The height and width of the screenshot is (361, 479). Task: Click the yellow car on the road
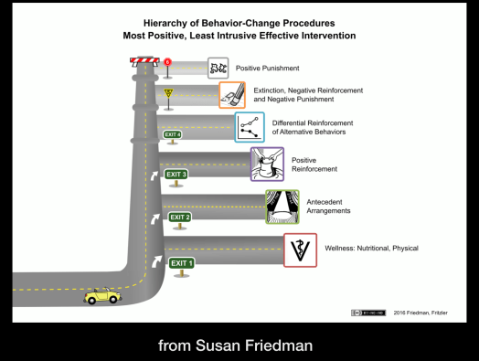(x=100, y=296)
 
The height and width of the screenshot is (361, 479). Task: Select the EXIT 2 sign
(x=179, y=217)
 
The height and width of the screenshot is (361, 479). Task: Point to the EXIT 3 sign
(x=176, y=174)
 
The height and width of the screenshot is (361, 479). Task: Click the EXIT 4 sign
(x=172, y=134)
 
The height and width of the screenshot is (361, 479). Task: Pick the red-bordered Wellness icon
(x=300, y=250)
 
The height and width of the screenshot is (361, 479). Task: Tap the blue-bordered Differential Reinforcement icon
(x=250, y=127)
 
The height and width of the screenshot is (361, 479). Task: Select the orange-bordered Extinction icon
(x=232, y=95)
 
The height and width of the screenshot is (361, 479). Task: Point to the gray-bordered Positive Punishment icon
(x=218, y=68)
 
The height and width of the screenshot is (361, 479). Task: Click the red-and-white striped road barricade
(x=144, y=62)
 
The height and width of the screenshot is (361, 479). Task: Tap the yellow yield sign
(x=168, y=93)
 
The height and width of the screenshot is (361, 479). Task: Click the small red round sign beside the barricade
(x=168, y=62)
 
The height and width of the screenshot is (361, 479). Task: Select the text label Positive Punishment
(x=273, y=69)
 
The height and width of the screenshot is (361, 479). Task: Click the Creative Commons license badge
(x=366, y=313)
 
